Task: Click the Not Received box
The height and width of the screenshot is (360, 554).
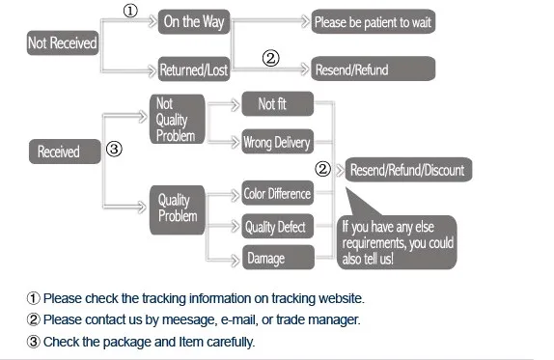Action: click(x=63, y=42)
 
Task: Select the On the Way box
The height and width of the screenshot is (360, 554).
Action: click(x=194, y=22)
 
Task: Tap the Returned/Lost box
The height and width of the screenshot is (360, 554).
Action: click(x=194, y=69)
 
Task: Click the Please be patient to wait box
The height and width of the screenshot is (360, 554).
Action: click(x=374, y=22)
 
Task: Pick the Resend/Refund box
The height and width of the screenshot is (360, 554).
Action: click(x=374, y=69)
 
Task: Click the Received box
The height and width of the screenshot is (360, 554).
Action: click(x=65, y=152)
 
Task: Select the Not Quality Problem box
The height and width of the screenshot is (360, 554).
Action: click(x=178, y=119)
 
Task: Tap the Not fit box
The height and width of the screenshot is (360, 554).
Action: click(x=278, y=104)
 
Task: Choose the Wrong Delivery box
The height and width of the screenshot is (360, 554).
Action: click(x=278, y=142)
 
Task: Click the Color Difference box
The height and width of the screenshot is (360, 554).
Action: click(x=278, y=193)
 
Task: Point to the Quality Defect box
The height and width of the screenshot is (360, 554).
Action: click(x=278, y=226)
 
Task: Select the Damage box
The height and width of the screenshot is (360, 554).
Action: click(x=278, y=258)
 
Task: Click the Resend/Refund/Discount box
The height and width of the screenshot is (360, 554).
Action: click(x=408, y=170)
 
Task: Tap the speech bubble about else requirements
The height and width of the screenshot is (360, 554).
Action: click(x=397, y=242)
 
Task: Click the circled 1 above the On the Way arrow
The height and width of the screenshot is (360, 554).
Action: click(x=130, y=11)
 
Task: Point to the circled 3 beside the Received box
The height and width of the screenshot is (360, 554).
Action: click(x=114, y=149)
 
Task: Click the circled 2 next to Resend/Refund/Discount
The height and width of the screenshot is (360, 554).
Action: click(x=322, y=169)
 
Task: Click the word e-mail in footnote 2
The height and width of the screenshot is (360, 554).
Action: click(x=239, y=319)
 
